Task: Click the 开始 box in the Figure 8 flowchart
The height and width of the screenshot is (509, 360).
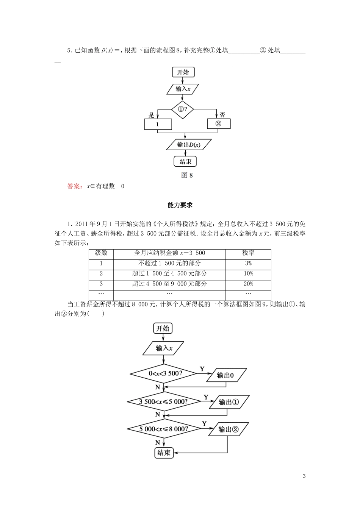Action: [183, 72]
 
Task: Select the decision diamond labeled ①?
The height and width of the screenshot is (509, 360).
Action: [182, 109]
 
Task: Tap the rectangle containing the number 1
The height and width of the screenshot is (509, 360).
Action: [158, 124]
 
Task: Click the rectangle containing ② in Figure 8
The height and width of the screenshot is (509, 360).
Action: [219, 124]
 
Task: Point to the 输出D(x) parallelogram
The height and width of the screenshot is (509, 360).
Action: [188, 145]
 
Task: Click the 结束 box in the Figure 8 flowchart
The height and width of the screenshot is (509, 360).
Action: [185, 162]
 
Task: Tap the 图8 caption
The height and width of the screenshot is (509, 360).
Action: [187, 175]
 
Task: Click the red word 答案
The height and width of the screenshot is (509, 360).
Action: [74, 186]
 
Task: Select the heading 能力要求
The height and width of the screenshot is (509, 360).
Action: [180, 205]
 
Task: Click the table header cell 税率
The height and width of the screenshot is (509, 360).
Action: [248, 253]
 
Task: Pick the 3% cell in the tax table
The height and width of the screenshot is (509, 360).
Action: [248, 263]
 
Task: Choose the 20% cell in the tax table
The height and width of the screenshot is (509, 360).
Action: [248, 284]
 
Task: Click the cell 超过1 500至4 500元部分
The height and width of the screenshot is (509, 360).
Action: [169, 273]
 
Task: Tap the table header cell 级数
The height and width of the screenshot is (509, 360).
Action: [101, 253]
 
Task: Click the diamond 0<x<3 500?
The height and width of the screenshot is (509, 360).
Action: [164, 373]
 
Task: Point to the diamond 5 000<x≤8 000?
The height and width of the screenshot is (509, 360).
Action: [164, 429]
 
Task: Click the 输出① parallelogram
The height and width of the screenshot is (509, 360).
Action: [229, 402]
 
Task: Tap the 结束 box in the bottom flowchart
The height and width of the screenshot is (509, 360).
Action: [164, 453]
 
